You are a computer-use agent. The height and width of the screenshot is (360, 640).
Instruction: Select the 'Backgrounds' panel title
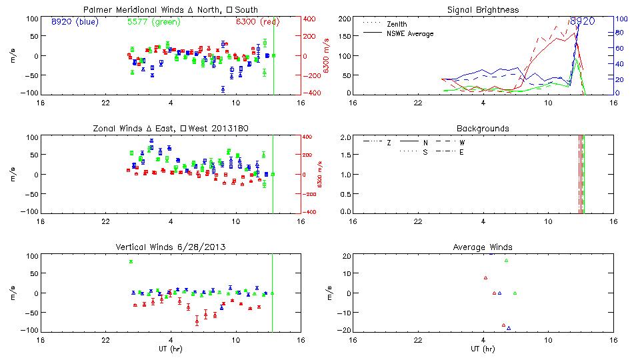coord(483,128)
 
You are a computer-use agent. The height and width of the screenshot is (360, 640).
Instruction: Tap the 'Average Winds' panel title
coord(483,247)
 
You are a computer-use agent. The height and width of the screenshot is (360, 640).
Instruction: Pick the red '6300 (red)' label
coord(257,21)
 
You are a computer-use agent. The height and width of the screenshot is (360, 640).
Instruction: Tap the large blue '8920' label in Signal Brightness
coord(581,21)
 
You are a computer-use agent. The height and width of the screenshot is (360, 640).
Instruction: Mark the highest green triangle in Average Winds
coord(506,261)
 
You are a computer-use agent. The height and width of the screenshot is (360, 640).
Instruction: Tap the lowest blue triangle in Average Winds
coord(509,328)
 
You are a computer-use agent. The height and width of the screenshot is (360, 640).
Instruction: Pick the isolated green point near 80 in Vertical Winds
coord(131,261)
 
